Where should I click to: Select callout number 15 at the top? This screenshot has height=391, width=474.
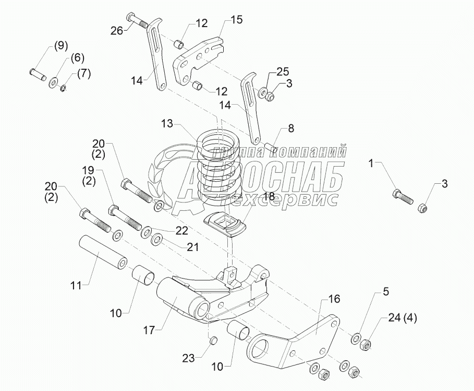236,20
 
